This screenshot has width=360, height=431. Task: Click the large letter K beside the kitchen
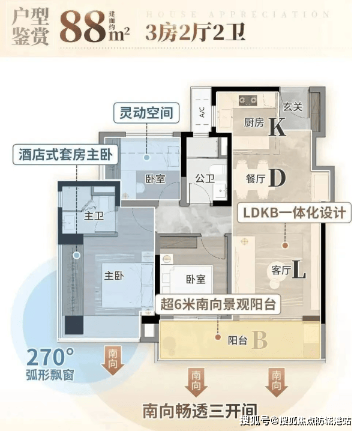(277, 127)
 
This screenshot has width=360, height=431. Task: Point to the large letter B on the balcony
(260, 340)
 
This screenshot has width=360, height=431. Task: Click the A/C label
(202, 112)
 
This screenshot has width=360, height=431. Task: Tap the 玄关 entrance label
(293, 106)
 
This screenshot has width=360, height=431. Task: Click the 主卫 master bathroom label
(94, 216)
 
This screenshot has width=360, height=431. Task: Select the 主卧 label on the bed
(114, 276)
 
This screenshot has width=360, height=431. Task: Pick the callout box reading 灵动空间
(146, 113)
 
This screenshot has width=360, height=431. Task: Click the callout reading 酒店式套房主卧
(65, 155)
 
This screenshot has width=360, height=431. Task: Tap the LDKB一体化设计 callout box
(295, 212)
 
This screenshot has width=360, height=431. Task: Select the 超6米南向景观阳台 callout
(218, 304)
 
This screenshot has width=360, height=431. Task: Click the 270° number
(50, 357)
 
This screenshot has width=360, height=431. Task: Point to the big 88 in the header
(83, 27)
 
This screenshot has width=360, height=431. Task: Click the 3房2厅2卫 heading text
(195, 32)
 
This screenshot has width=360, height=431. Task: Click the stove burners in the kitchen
(248, 100)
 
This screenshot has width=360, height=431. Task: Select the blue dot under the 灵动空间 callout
(147, 157)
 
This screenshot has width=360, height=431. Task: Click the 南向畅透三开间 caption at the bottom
(200, 411)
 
